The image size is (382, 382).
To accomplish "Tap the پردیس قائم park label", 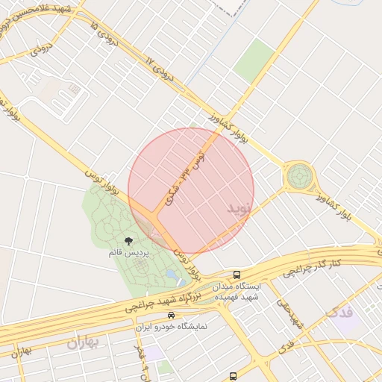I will pyautogui.click(x=129, y=254).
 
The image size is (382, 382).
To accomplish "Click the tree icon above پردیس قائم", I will pyautogui.click(x=129, y=240).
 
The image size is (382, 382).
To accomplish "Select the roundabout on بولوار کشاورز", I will pyautogui.click(x=299, y=177).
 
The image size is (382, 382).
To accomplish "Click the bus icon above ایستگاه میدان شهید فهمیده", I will pyautogui.click(x=237, y=275).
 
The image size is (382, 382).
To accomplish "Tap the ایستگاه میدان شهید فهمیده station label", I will pyautogui.click(x=237, y=292).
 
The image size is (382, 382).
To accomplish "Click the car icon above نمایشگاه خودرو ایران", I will pyautogui.click(x=172, y=316).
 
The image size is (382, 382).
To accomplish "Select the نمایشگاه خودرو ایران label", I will pyautogui.click(x=172, y=327).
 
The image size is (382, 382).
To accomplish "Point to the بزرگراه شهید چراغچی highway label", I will pyautogui.click(x=157, y=302).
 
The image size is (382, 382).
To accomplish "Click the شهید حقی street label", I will pyautogui.click(x=288, y=314).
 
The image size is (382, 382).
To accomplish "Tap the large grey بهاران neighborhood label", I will pyautogui.click(x=82, y=343).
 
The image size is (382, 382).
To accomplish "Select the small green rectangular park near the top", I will pyautogui.click(x=254, y=60).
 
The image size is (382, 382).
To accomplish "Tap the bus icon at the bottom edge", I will pyautogui.click(x=234, y=375).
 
